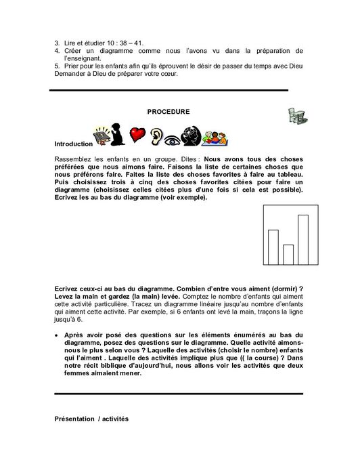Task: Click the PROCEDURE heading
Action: [x=168, y=111]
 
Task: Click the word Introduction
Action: [x=72, y=144]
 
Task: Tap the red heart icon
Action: [x=138, y=135]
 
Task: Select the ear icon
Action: [x=156, y=137]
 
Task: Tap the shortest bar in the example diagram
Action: [x=288, y=254]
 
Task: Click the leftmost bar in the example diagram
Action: [x=273, y=247]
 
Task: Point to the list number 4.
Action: [x=56, y=51]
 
